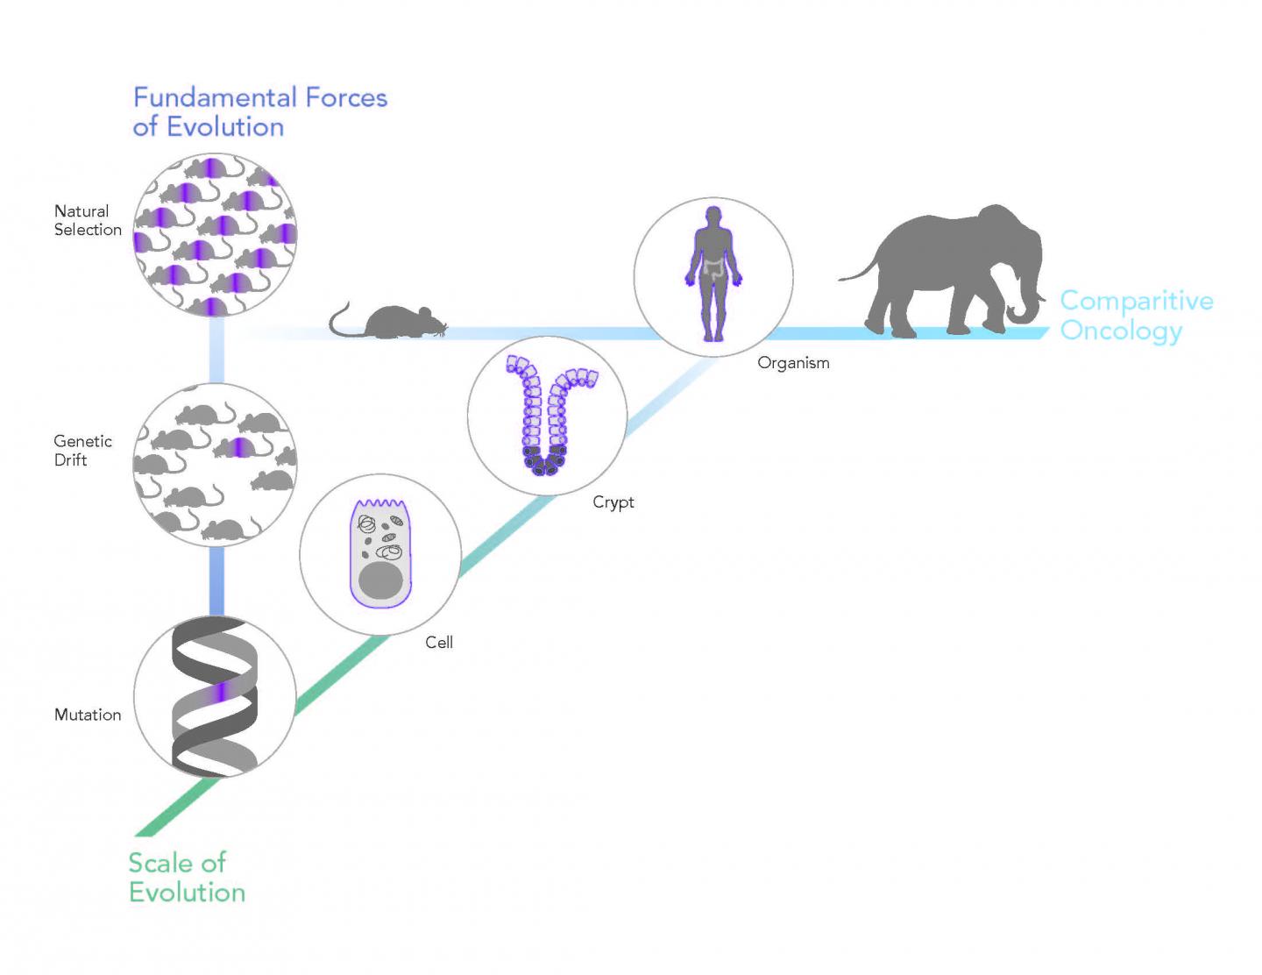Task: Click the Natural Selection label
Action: point(88,220)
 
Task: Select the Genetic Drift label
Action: point(82,450)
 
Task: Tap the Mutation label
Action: point(88,715)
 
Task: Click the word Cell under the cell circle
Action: point(439,643)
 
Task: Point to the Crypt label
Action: point(613,502)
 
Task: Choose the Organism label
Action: point(793,362)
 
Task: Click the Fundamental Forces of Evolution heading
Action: point(259,111)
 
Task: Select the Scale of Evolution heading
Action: point(186,877)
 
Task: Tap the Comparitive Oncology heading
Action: point(1136,315)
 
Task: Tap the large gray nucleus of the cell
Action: point(380,584)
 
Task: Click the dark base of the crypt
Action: point(545,461)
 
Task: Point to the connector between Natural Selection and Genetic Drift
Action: point(216,350)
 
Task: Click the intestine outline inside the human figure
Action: point(715,267)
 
